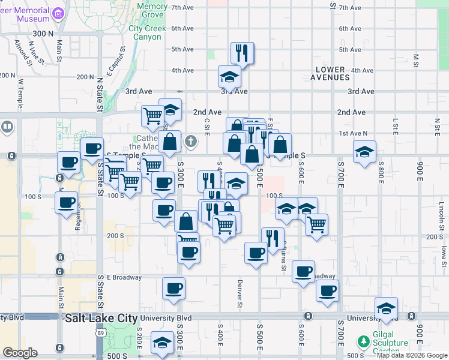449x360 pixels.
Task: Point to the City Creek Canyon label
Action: point(145,32)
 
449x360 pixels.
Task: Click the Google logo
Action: point(20,353)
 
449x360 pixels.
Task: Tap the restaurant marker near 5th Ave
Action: point(242,53)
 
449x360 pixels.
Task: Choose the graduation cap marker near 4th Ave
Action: point(229,77)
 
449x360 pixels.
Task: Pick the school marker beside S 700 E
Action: point(364,152)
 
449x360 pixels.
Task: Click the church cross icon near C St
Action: point(191,142)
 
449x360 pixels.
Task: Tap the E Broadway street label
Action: point(124,277)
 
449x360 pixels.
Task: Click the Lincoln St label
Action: point(441,210)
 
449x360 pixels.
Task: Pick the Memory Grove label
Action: point(152,10)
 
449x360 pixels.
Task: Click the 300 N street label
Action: point(43,34)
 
